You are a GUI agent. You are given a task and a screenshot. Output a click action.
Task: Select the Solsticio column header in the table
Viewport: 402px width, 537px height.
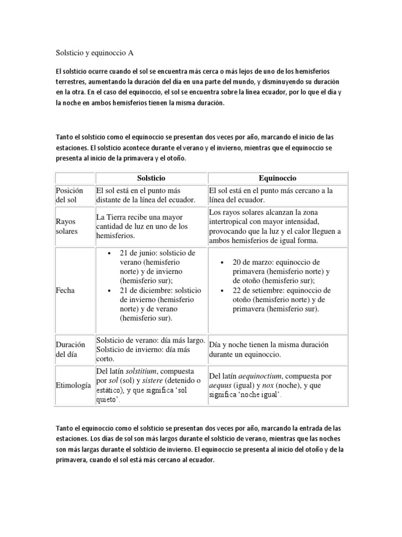(151, 178)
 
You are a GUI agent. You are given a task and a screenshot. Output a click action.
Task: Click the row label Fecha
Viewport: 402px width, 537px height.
(65, 291)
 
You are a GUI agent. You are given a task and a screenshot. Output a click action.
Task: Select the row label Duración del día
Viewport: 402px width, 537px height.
(71, 349)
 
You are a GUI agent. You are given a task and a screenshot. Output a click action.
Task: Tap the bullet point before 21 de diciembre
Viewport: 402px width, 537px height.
(109, 291)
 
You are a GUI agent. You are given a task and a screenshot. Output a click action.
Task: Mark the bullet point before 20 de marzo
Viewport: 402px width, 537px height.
(222, 262)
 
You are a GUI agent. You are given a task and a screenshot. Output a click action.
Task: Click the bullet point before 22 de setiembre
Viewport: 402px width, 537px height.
(222, 291)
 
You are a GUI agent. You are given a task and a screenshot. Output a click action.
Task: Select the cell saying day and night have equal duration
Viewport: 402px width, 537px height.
(269, 349)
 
